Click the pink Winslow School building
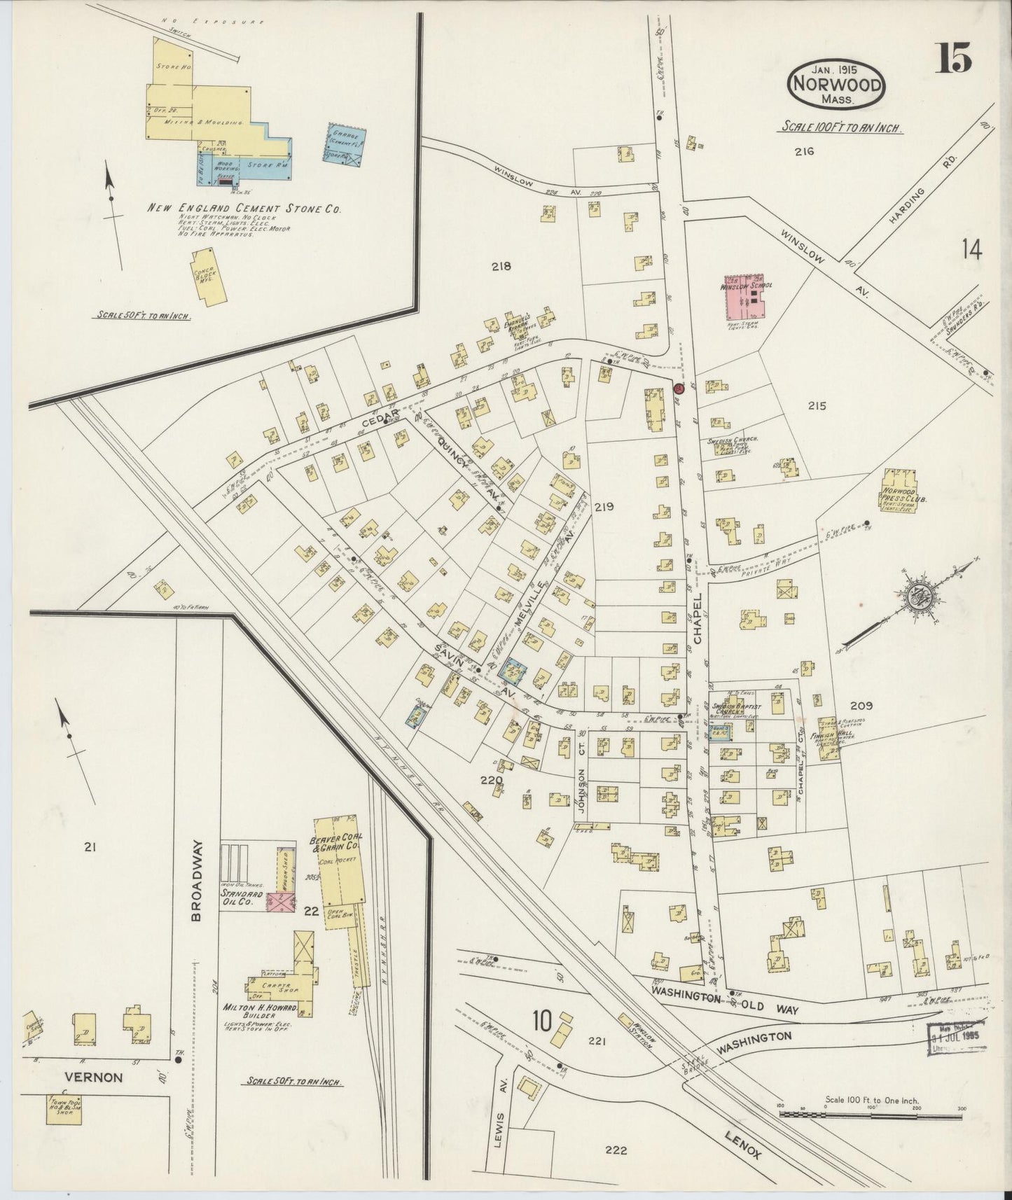[x=744, y=298]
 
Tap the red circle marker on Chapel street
[x=678, y=388]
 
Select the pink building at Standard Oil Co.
[x=282, y=902]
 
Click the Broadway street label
[x=197, y=880]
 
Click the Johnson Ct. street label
[x=581, y=790]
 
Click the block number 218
[x=501, y=266]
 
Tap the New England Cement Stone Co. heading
[x=244, y=208]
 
